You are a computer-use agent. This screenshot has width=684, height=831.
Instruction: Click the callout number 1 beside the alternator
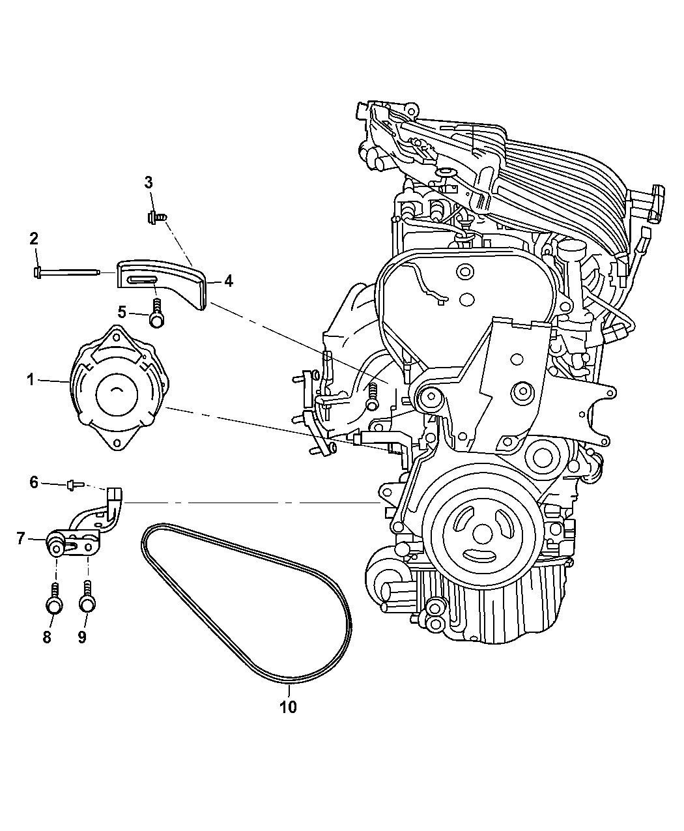(31, 380)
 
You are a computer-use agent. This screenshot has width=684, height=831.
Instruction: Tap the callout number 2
(34, 239)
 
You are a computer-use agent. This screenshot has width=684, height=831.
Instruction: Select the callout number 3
(148, 182)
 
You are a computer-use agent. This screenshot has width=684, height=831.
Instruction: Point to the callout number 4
(228, 282)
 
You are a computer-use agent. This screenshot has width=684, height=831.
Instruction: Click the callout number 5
(122, 312)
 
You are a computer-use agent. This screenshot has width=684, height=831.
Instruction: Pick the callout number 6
(35, 482)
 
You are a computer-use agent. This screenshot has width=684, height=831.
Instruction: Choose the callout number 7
(21, 539)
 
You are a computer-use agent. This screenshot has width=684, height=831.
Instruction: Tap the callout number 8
(47, 637)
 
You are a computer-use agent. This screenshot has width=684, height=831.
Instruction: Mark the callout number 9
(82, 637)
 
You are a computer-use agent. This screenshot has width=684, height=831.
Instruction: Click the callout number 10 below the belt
(288, 707)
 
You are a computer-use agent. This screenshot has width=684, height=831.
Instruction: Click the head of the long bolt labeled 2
(37, 272)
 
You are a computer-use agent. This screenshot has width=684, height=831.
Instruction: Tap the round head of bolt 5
(157, 320)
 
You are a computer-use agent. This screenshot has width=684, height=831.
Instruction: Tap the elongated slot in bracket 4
(141, 280)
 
